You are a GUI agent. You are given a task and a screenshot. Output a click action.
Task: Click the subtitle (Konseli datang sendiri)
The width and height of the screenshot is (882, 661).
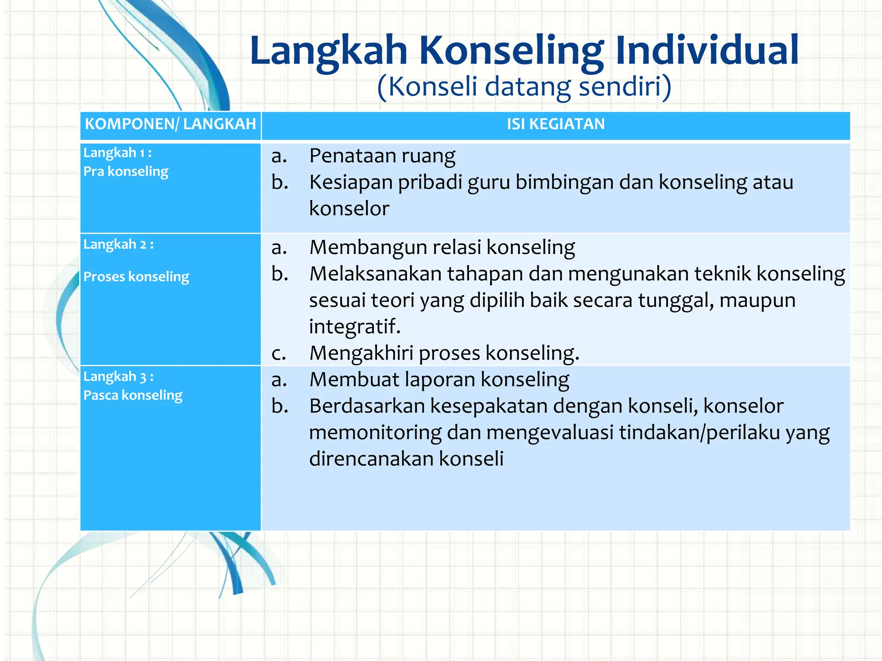tap(524, 86)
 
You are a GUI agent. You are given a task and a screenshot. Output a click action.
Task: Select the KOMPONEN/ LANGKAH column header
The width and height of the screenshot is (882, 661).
tap(170, 124)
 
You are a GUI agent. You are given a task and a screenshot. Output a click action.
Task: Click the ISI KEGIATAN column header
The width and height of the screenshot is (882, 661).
tap(556, 124)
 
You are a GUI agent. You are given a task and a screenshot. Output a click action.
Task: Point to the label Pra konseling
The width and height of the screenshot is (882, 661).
tap(126, 171)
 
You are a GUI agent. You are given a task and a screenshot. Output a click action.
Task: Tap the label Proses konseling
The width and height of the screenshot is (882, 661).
tap(136, 276)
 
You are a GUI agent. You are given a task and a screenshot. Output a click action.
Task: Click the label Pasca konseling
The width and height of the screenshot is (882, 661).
tap(133, 395)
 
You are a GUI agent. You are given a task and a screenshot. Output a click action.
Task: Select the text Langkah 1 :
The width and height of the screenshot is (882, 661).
tap(117, 153)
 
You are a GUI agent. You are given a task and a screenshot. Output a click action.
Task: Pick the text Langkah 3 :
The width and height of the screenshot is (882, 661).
tap(118, 377)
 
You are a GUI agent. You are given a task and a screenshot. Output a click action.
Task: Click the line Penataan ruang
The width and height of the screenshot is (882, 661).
tap(382, 156)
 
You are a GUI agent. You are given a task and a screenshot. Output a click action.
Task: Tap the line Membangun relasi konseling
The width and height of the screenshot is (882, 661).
tap(442, 247)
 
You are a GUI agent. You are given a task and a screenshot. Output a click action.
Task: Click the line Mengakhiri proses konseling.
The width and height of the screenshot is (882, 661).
tap(444, 353)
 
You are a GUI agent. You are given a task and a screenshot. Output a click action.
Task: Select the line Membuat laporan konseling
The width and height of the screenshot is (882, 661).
tap(439, 380)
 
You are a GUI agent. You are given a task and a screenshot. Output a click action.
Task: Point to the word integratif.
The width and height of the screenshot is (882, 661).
tap(354, 326)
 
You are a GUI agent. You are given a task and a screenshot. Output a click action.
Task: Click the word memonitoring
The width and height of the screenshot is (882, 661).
tap(375, 432)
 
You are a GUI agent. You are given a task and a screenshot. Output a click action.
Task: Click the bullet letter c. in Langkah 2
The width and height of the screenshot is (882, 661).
tap(279, 353)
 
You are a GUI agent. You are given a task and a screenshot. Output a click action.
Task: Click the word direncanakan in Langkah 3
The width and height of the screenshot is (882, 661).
tap(371, 459)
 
